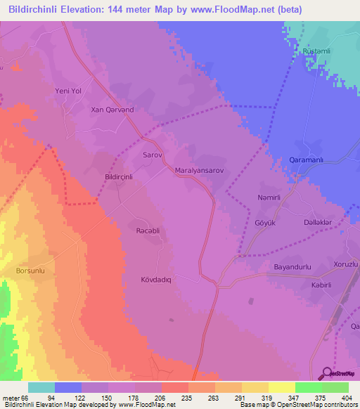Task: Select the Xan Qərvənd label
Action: pos(112,110)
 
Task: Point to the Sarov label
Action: pos(153,154)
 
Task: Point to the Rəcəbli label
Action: pos(148,231)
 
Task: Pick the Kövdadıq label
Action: pos(156,278)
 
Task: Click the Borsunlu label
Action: pos(30,270)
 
